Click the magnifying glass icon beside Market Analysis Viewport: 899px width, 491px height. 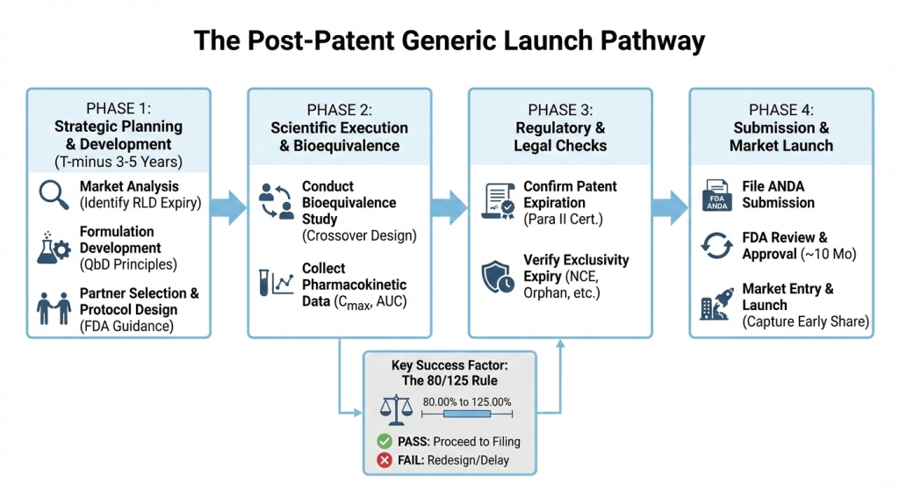click(54, 195)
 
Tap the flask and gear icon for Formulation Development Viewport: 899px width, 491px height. click(54, 248)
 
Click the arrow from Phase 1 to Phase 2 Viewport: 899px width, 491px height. click(228, 208)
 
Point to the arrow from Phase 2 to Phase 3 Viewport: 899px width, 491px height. click(449, 208)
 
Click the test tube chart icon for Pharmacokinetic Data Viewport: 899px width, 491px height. click(276, 283)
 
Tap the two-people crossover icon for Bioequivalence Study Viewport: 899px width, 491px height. click(277, 202)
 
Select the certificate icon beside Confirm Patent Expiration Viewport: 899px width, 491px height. click(498, 199)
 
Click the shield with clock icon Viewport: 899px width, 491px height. click(498, 276)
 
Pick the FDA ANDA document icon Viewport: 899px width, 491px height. click(717, 195)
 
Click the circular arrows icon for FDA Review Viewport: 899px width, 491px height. click(717, 246)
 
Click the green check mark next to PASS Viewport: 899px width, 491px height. click(383, 441)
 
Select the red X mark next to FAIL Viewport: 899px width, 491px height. click(383, 460)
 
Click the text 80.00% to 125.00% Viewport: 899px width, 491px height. click(466, 401)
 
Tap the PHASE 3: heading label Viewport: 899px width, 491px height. click(560, 110)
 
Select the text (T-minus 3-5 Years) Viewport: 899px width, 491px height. click(119, 161)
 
